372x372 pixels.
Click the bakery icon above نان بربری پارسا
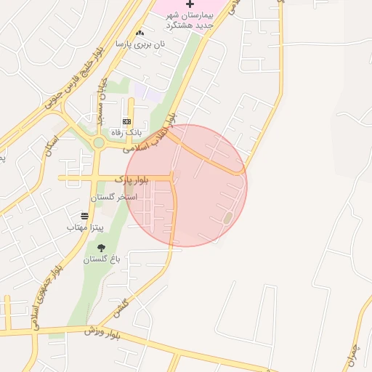[139, 33]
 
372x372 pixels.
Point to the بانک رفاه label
[125, 133]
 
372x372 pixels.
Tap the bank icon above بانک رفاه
[126, 121]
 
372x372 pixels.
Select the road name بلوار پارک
[132, 179]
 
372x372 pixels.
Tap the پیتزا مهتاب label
[86, 227]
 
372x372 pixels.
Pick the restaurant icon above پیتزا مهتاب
[85, 216]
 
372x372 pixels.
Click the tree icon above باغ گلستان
[101, 248]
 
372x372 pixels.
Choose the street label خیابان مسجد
[100, 99]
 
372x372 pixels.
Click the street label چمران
[354, 352]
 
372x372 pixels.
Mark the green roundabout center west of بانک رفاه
[97, 142]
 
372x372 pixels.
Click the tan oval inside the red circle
[227, 217]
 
